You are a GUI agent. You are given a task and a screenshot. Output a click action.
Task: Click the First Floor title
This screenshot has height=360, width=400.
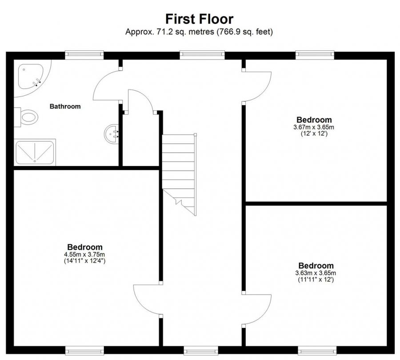click(199, 19)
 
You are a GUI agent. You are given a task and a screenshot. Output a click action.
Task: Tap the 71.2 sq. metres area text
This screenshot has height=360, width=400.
click(169, 32)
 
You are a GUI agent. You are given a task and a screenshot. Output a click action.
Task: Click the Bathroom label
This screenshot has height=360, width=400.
click(65, 106)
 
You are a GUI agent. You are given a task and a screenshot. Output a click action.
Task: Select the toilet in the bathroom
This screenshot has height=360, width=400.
click(26, 117)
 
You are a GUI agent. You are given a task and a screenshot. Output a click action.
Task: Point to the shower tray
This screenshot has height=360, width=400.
click(35, 153)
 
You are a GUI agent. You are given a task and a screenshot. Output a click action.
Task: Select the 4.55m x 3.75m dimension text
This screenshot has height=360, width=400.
click(84, 255)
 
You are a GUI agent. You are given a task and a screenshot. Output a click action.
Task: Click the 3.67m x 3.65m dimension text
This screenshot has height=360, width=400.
click(314, 127)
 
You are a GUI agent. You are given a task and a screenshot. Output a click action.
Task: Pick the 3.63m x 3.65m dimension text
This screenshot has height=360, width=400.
click(316, 273)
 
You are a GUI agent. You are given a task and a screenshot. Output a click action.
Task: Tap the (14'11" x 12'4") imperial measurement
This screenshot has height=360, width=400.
click(84, 261)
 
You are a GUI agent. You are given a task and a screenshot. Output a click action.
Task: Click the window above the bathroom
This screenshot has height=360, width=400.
click(84, 55)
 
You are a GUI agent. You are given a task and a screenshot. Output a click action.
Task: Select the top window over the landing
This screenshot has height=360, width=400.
click(202, 55)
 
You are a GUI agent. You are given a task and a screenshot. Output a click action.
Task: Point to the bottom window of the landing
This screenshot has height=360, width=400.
click(201, 350)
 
